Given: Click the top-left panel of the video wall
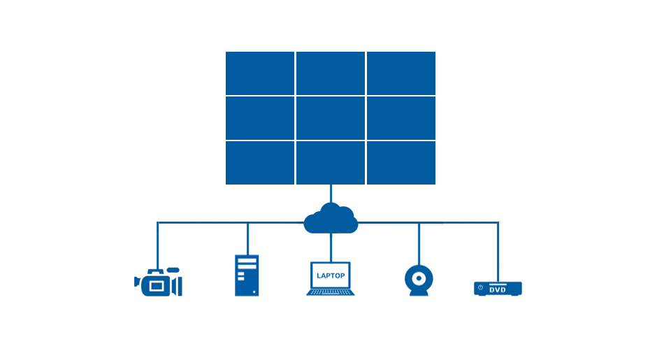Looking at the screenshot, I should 260,73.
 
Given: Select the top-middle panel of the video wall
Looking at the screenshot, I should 330,73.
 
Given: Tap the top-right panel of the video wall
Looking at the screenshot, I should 401,73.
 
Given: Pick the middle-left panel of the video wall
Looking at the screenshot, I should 260,117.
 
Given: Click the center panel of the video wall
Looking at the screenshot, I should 330,117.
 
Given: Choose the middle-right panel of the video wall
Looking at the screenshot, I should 401,117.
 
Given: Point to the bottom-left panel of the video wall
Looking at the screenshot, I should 260,163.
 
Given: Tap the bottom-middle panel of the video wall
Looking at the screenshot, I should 330,163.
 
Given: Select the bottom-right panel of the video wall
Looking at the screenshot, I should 401,163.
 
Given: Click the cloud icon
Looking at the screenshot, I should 331,219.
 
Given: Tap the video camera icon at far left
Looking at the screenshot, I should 158,282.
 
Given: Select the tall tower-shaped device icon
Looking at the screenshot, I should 247,275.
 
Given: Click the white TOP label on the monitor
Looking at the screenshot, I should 338,275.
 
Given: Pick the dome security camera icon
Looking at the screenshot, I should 419,281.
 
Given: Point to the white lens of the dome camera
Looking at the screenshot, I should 419,278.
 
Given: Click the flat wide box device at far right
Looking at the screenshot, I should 498,288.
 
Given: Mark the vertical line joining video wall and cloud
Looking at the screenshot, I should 331,194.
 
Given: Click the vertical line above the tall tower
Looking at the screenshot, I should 247,239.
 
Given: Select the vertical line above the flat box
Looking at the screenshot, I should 498,252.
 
